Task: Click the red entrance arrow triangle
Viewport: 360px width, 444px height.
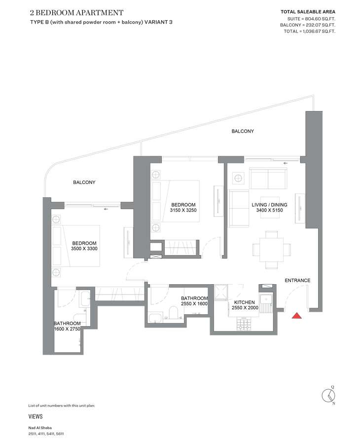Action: pos(296,315)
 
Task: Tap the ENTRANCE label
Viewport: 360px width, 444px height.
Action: pos(297,280)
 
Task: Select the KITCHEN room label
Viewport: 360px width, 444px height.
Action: pos(245,302)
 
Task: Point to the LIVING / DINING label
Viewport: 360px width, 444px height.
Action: pos(269,205)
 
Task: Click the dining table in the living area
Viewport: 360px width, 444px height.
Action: pos(271,249)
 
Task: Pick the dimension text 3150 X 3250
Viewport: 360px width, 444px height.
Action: pos(183,210)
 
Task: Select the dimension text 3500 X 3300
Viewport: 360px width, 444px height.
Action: pos(84,249)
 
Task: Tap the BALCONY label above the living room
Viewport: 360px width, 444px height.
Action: pos(243,131)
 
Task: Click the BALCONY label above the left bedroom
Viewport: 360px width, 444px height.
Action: pos(84,183)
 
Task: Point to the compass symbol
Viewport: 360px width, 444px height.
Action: pos(329,395)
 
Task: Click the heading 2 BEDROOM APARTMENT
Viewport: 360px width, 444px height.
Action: pos(77,13)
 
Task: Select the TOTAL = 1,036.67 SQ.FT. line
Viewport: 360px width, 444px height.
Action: pos(310,32)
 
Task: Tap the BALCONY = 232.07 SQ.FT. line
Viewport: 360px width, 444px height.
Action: pos(308,25)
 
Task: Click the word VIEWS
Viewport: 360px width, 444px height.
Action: pos(36,416)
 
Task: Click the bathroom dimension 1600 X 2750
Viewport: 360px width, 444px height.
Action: pos(67,329)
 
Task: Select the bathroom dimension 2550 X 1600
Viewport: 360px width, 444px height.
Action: pos(194,303)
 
